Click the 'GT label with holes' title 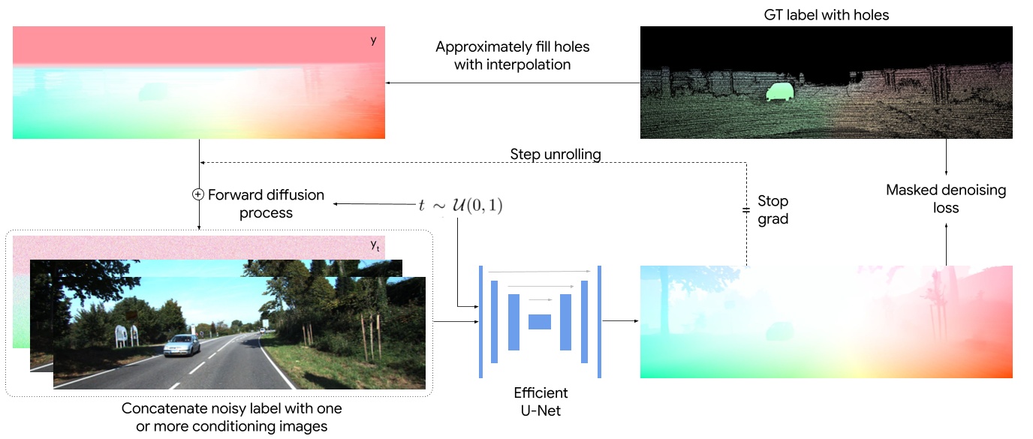825,15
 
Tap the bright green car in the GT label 779,92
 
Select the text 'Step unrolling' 555,155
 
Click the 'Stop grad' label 773,211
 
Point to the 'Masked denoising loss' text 945,199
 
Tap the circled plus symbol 198,194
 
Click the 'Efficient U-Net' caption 541,401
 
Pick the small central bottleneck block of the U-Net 540,322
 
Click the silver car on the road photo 182,344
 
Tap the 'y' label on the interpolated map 373,40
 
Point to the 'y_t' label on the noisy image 374,245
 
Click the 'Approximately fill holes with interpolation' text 513,56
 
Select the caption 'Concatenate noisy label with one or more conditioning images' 231,417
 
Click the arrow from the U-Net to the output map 619,321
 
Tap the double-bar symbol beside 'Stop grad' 745,211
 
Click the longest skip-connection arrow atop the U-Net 538,272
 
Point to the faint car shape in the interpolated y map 155,92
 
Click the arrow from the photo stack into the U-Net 455,321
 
